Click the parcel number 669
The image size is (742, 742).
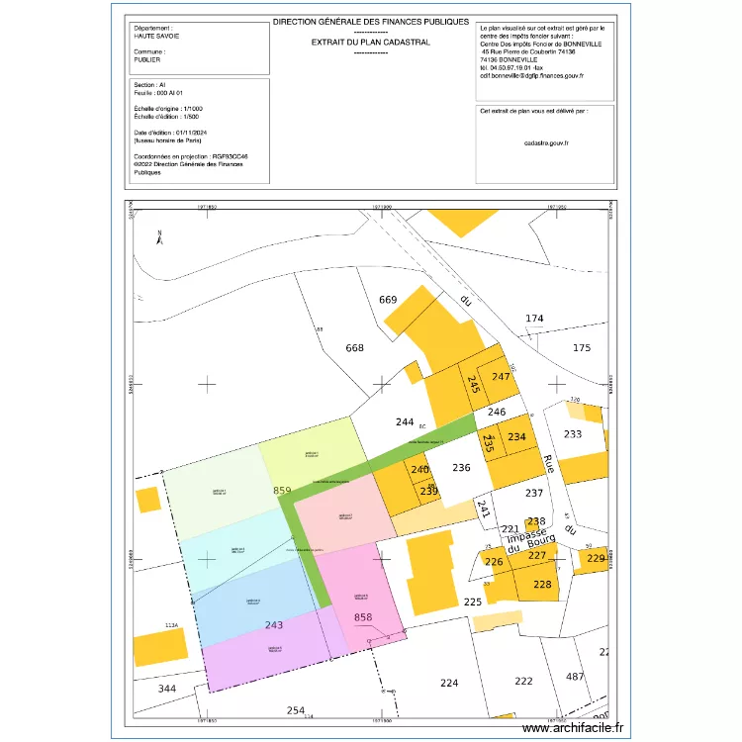click(388, 300)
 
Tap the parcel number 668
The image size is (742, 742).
click(354, 348)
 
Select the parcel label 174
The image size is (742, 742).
click(534, 319)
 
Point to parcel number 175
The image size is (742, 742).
click(582, 348)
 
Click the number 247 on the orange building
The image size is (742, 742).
click(501, 377)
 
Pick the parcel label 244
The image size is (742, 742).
click(405, 422)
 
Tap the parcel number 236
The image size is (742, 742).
click(461, 468)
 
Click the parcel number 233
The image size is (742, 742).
click(572, 434)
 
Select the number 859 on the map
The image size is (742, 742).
click(282, 491)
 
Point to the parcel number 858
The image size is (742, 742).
click(363, 618)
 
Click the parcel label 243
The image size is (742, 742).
click(274, 625)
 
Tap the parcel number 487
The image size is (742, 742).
click(574, 677)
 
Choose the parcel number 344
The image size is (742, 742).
click(167, 689)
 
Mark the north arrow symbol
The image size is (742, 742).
click(159, 236)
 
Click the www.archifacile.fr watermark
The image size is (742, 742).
click(573, 728)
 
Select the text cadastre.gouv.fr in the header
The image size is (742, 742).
click(545, 143)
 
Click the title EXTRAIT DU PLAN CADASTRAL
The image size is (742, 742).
click(370, 43)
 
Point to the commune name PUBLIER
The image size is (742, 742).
click(147, 59)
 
